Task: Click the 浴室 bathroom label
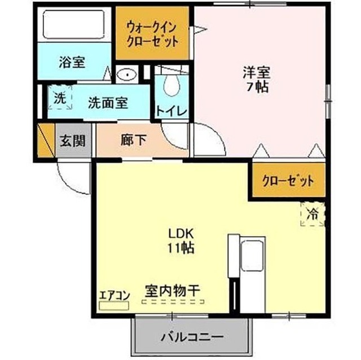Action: [x=72, y=63]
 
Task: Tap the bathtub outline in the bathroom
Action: [x=74, y=24]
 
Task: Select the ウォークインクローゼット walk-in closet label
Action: [x=152, y=34]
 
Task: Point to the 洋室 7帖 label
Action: [x=257, y=79]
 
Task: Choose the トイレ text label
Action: [x=171, y=111]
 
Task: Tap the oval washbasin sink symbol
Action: [x=126, y=74]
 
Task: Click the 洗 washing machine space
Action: [x=60, y=97]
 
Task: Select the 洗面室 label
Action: [x=108, y=103]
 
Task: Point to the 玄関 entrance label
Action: [x=73, y=140]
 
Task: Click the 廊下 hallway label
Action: [x=134, y=140]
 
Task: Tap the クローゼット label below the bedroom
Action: [x=288, y=181]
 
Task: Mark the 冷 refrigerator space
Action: [x=312, y=214]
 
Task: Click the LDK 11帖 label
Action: [x=180, y=241]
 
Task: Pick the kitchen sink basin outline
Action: [x=252, y=256]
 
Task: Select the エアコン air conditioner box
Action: [x=114, y=305]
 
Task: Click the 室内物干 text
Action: [x=172, y=291]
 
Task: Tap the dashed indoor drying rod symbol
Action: [x=173, y=301]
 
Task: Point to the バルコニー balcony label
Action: [x=192, y=337]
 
